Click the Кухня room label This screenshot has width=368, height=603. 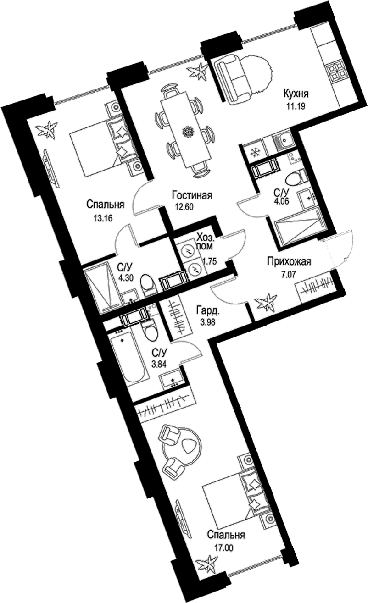pos(296,94)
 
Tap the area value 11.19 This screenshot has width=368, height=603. pos(296,106)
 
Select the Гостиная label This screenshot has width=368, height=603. pos(192,195)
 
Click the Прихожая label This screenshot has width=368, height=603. pos(289,261)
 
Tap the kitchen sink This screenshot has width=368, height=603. pos(282,140)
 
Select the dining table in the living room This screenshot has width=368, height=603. pos(186,129)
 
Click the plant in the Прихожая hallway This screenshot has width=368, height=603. pos(266,303)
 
